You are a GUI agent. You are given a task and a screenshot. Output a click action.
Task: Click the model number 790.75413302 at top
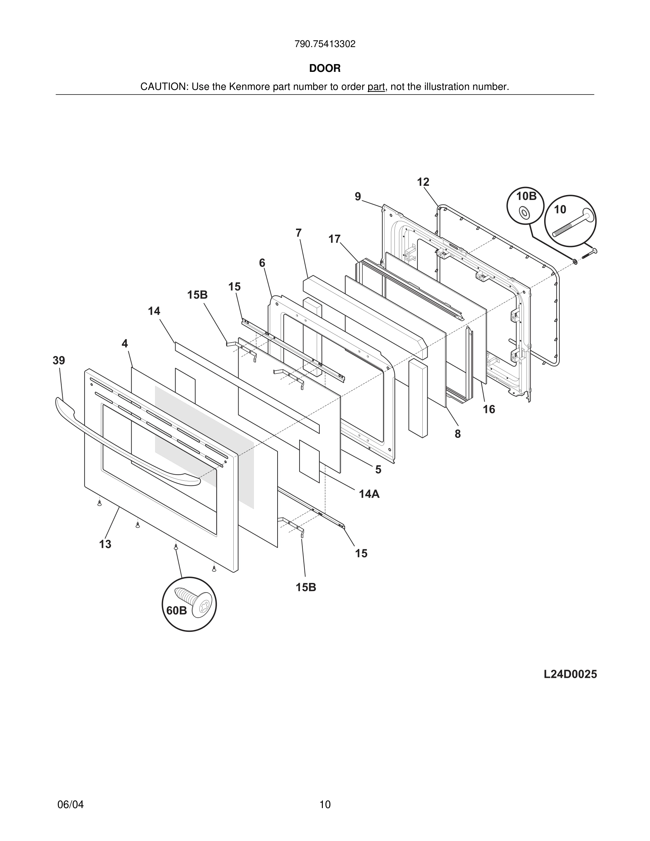tap(325, 44)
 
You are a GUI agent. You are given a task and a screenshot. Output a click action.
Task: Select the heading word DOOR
tap(325, 69)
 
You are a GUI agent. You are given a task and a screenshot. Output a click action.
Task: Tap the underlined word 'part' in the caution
tap(376, 87)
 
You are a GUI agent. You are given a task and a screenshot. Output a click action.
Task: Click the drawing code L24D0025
tap(570, 674)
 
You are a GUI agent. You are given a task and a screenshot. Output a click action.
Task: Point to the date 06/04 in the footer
tap(70, 805)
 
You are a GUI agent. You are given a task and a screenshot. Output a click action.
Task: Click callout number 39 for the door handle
tap(59, 361)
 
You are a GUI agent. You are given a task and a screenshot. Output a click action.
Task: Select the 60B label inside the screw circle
tap(176, 611)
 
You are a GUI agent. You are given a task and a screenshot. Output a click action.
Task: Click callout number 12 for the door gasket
tap(423, 182)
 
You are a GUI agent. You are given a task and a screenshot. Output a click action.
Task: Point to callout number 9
tap(358, 197)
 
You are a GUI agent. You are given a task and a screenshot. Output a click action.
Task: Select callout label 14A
tap(369, 494)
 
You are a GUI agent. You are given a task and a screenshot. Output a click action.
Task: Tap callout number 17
tap(334, 239)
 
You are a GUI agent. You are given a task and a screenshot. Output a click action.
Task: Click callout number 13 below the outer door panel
tap(105, 544)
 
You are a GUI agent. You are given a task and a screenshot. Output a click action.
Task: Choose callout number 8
tap(457, 434)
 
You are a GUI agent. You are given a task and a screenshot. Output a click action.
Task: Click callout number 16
tap(489, 409)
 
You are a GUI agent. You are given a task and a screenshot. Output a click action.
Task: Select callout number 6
tap(262, 263)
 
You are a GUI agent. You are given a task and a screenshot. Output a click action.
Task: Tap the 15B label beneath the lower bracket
tap(306, 587)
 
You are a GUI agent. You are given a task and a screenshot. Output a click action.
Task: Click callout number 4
tap(125, 343)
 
